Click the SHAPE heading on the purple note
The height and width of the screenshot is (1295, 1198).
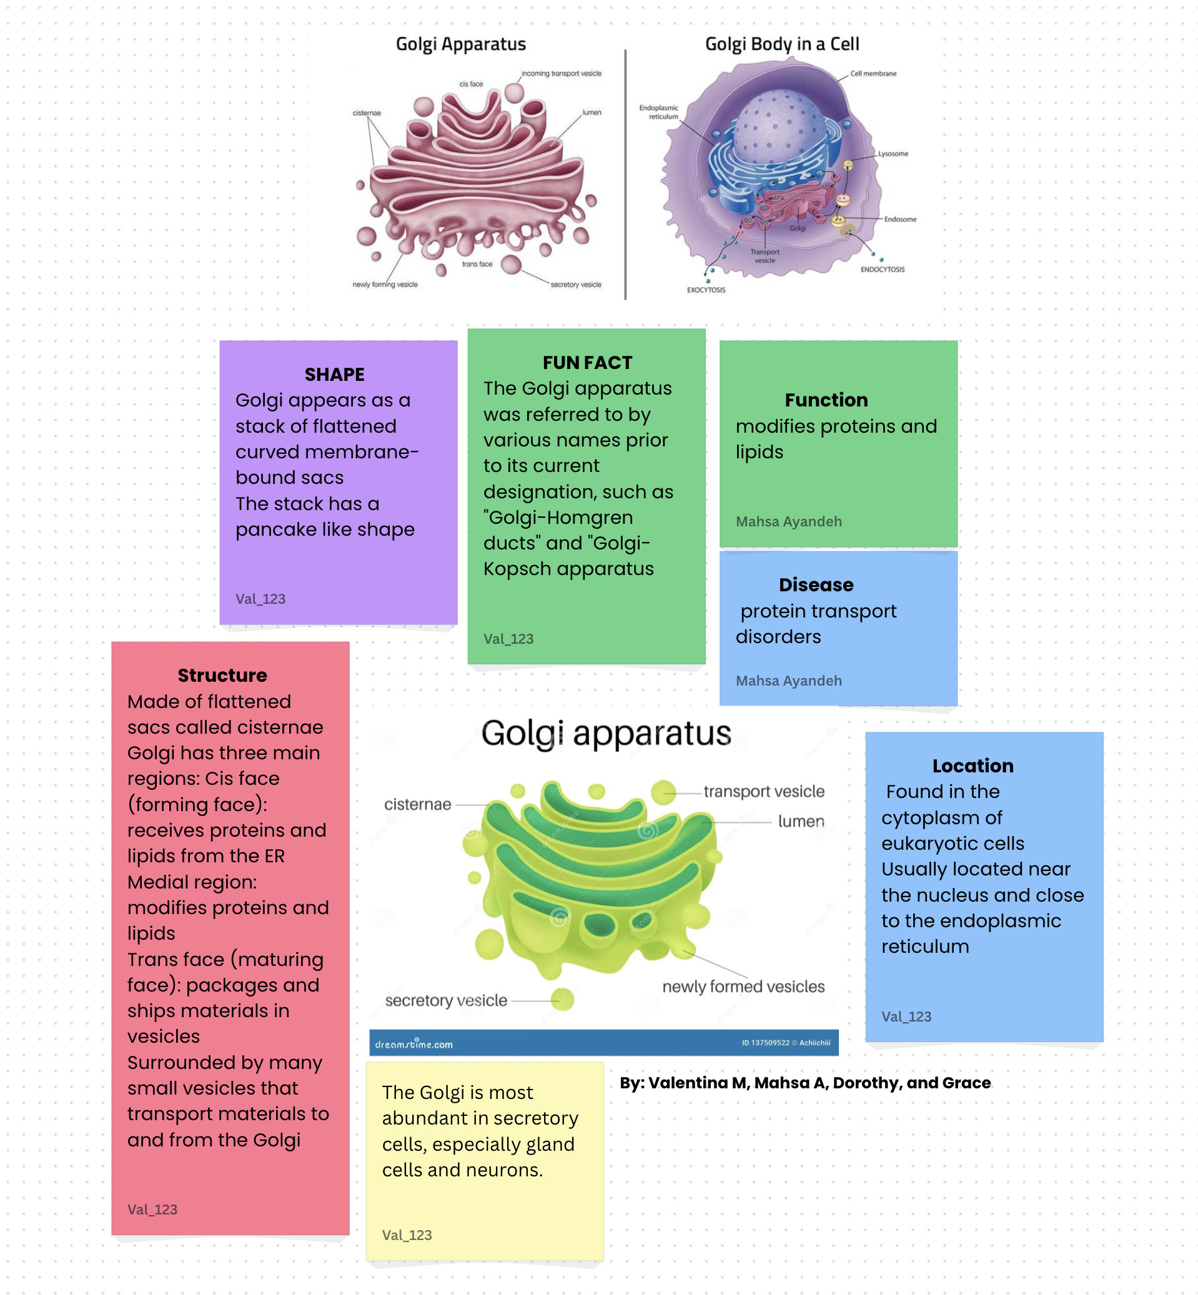coord(335,375)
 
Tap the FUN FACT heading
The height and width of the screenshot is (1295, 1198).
coord(587,363)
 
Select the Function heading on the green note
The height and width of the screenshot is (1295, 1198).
coord(826,400)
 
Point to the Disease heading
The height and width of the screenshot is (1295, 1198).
coord(816,584)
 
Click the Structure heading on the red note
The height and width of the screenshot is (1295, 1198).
coord(222,676)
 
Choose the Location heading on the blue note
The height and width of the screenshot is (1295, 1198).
coord(973,766)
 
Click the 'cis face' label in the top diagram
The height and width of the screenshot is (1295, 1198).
coord(472,84)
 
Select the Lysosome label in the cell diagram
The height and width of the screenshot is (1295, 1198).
coord(893,154)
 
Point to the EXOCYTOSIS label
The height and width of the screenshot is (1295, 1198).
coord(706,290)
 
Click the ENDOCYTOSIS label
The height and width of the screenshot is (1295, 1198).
coord(883,270)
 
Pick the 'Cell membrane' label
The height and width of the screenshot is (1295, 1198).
coord(873,74)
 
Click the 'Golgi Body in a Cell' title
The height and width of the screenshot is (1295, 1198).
coord(782,44)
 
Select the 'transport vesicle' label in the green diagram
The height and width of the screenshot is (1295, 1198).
coord(764,791)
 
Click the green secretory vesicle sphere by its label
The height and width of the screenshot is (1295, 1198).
coord(562,1000)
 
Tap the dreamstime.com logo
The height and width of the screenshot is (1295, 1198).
coord(413,1044)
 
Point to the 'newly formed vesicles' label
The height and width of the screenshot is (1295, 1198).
coord(743,987)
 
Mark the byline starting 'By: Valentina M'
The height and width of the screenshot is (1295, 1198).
coord(805,1083)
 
